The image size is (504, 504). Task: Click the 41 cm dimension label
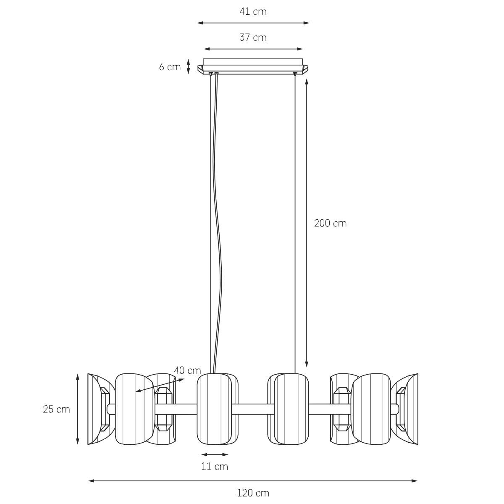tap(253, 12)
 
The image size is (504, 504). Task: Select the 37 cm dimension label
tap(253, 38)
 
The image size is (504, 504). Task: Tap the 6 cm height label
tap(170, 67)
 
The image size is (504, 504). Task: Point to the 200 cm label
tap(330, 223)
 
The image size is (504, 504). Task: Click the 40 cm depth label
tap(187, 370)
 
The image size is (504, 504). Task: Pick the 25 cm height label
tap(56, 409)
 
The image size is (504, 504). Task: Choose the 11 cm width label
tap(215, 467)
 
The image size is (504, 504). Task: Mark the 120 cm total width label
tap(253, 493)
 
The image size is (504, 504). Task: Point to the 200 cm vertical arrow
tap(307, 223)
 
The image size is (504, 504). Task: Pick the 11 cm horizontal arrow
tap(215, 454)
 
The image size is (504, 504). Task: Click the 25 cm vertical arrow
tap(78, 409)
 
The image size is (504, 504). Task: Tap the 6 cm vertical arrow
tap(189, 66)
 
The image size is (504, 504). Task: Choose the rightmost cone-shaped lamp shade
tap(408, 409)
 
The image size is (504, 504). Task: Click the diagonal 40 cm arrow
tap(160, 386)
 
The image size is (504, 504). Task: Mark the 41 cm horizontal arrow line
tap(253, 23)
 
